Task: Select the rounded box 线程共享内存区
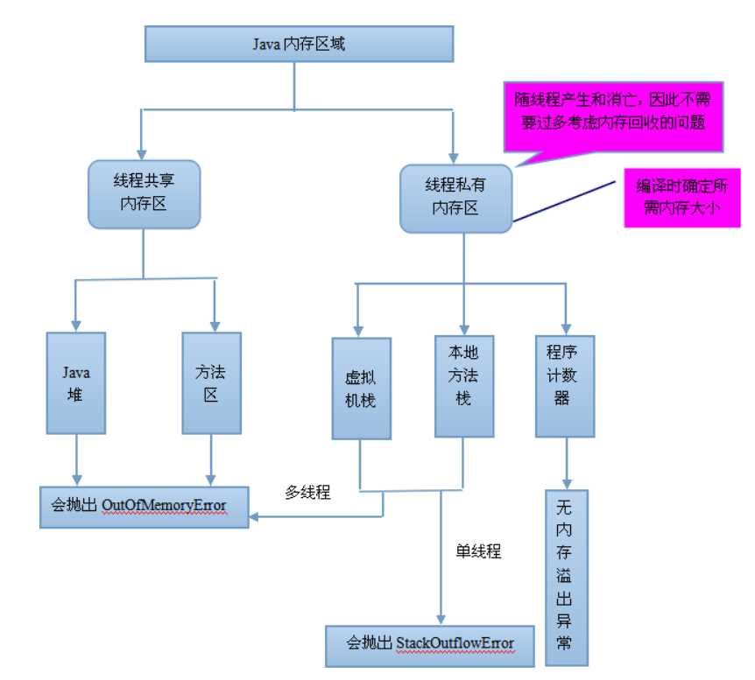click(x=144, y=193)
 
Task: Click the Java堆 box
click(x=75, y=383)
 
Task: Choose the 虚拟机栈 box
click(x=361, y=388)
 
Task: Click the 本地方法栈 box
click(x=464, y=386)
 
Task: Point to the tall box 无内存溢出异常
click(x=565, y=578)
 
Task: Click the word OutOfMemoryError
click(x=164, y=507)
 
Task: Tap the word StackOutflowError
click(x=455, y=644)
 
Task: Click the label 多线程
click(x=307, y=492)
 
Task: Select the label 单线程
click(x=478, y=552)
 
